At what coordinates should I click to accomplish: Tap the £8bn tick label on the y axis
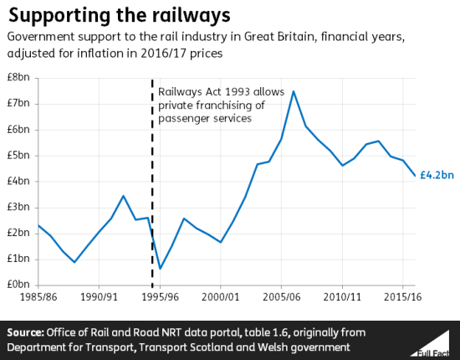[x=20, y=78]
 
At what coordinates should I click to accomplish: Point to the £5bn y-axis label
[x=20, y=156]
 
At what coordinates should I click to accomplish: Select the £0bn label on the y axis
[x=20, y=285]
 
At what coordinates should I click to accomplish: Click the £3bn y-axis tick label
[x=20, y=208]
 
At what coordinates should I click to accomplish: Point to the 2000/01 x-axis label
[x=221, y=296]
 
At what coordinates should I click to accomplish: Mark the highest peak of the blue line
[x=294, y=90]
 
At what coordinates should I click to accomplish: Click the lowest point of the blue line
[x=160, y=269]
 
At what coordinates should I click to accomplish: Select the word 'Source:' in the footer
[x=27, y=332]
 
